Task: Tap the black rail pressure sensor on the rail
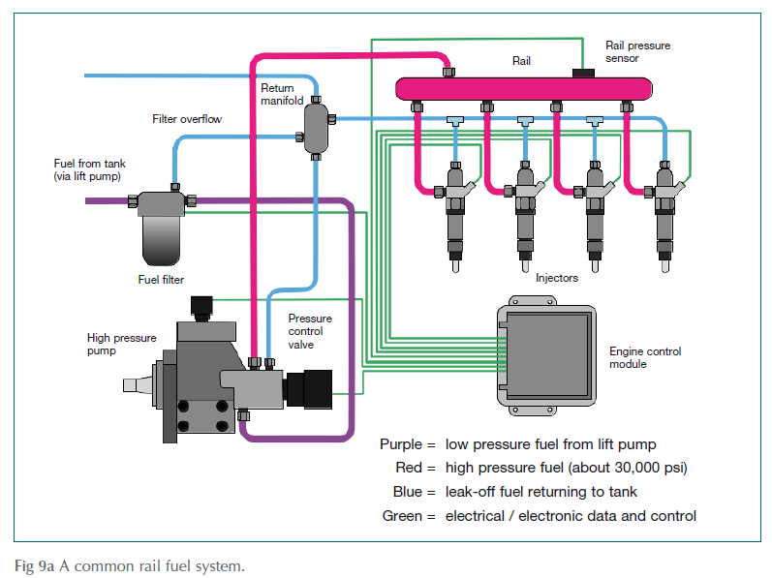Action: (x=584, y=73)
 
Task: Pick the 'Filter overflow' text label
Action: (x=187, y=119)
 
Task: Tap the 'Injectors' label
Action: (x=557, y=278)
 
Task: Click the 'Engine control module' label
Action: (x=644, y=357)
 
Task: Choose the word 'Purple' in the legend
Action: (x=401, y=445)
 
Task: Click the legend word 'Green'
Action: (x=403, y=516)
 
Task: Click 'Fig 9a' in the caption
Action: (x=33, y=564)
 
